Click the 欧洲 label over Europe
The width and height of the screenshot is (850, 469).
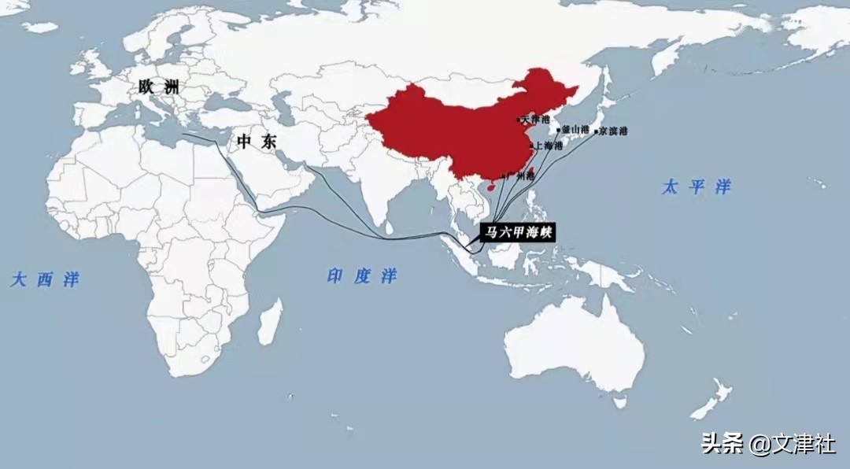pos(158,87)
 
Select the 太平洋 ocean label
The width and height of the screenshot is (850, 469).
pos(697,187)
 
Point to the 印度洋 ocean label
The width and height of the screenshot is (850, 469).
pos(362,276)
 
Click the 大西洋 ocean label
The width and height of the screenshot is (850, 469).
pos(45,279)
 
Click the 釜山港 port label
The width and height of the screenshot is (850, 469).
pos(575,128)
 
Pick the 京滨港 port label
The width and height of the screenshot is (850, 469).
pos(613,131)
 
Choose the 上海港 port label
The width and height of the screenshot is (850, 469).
pos(549,146)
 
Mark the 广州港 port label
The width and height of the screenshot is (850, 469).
pos(520,176)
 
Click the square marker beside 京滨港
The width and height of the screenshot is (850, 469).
pos(596,131)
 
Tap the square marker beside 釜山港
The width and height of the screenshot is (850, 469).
pos(559,130)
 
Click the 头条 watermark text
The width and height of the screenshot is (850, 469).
pos(722,445)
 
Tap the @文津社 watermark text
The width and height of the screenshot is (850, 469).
pos(792,445)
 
